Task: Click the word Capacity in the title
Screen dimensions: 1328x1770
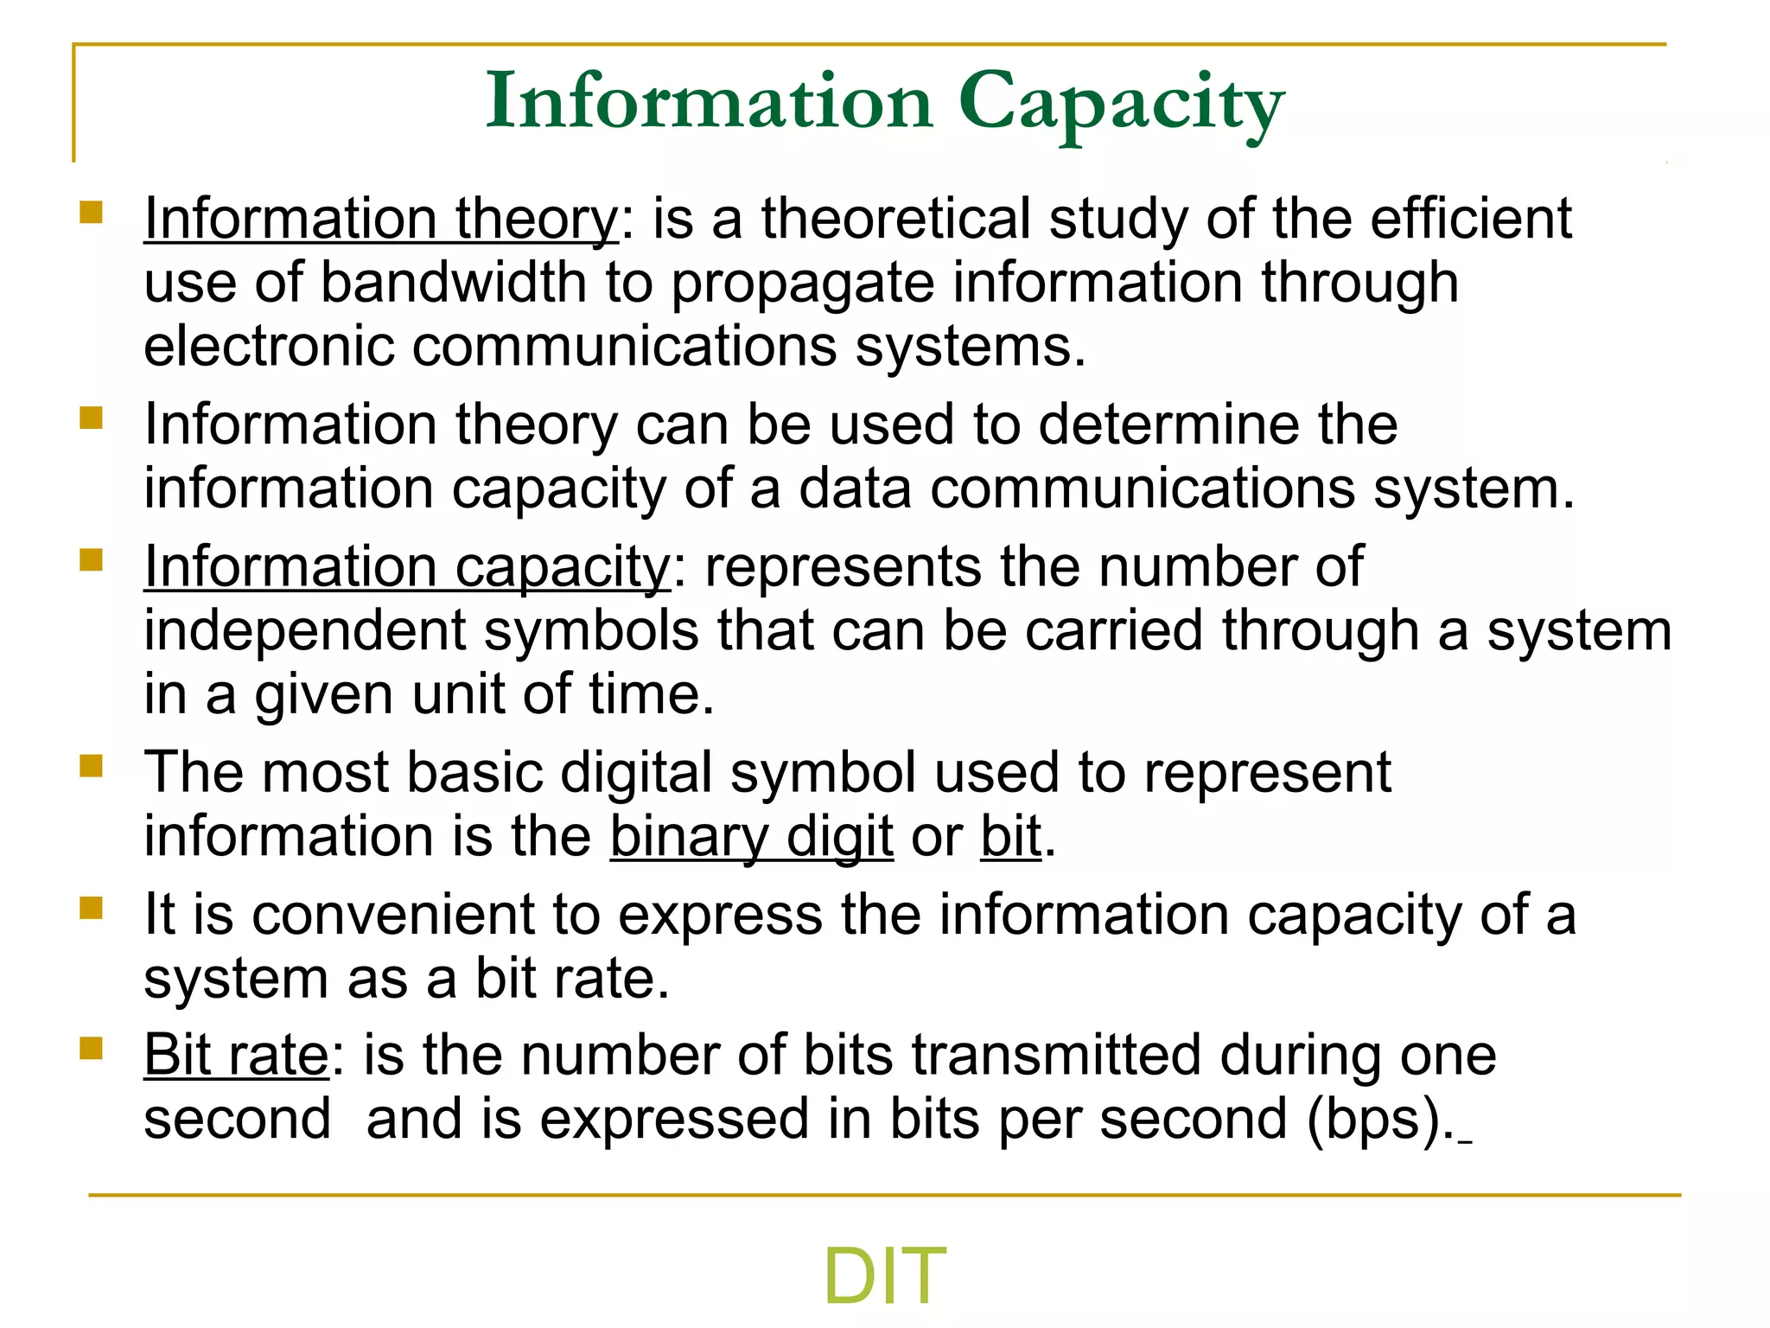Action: click(1121, 105)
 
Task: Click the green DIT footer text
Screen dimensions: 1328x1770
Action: click(884, 1276)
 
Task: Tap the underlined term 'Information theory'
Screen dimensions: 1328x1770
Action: click(381, 219)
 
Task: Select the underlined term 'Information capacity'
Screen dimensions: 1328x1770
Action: click(407, 568)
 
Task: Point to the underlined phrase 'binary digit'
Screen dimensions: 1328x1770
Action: click(751, 837)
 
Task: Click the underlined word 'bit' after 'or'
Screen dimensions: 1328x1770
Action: click(1010, 837)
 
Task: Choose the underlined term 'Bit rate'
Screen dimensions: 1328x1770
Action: click(236, 1056)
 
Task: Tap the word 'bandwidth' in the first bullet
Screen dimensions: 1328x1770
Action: click(454, 283)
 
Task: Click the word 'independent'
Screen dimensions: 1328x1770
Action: click(305, 632)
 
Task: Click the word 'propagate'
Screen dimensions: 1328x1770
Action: click(803, 284)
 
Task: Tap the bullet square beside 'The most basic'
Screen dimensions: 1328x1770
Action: click(91, 766)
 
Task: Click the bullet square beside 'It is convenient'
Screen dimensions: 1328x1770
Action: click(91, 908)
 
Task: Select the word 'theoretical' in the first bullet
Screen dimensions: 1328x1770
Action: click(895, 219)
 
